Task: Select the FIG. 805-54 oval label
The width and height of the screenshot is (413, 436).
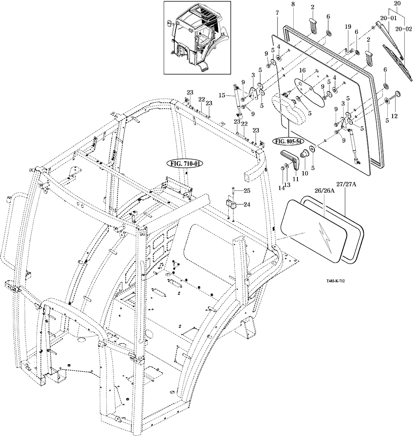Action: pyautogui.click(x=289, y=141)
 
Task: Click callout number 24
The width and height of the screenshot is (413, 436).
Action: pyautogui.click(x=246, y=204)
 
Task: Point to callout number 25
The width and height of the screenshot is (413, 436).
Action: pyautogui.click(x=246, y=191)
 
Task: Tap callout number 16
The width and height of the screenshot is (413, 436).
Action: pyautogui.click(x=302, y=71)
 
